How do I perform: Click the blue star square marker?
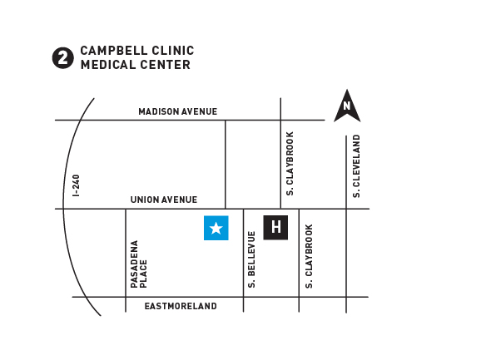[216, 228]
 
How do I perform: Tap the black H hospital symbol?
[275, 228]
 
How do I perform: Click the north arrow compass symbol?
[347, 106]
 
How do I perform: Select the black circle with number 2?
[63, 58]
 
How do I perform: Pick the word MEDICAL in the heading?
[108, 65]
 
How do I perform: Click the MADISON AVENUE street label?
[178, 111]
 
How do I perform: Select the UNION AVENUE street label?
[164, 200]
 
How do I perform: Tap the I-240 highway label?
[76, 185]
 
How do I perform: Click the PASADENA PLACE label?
[138, 264]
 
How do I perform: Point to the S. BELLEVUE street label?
[251, 259]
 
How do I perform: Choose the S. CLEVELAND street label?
[357, 166]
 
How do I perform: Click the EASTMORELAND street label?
[181, 306]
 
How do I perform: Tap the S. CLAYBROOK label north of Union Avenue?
[290, 164]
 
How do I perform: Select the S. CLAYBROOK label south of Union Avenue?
[309, 256]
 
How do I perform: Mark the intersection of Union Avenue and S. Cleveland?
[346, 209]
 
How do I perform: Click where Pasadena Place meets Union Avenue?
[126, 209]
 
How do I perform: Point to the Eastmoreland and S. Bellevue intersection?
[244, 297]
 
